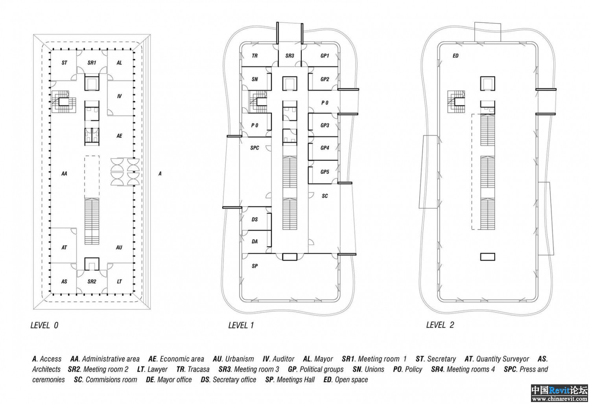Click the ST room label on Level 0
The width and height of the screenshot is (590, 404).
64,63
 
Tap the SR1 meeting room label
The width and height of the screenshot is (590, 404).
92,63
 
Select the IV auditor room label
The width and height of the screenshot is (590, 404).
119,96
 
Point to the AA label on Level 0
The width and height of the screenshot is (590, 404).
64,174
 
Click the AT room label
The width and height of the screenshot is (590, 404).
64,248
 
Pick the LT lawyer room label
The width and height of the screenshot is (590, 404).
119,282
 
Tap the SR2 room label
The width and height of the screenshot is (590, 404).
92,282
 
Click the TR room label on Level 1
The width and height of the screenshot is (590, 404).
255,56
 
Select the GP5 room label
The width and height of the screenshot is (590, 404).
325,172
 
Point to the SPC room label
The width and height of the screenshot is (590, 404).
255,148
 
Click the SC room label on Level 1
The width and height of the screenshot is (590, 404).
325,196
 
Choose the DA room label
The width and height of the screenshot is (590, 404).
255,242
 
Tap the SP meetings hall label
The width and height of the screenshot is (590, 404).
255,266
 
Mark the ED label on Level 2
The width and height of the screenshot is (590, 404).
455,56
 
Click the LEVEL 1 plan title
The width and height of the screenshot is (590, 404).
241,325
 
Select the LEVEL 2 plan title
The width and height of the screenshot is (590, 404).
440,325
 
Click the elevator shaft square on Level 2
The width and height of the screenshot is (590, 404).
488,84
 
